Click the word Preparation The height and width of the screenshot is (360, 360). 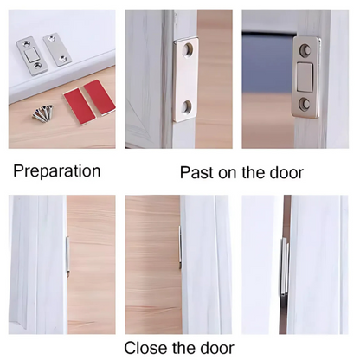tap(57, 171)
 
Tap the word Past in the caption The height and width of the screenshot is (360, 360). tap(197, 172)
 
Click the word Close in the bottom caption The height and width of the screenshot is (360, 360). tap(145, 348)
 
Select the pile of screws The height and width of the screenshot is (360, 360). tap(43, 112)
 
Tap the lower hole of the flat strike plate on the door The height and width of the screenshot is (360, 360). tap(188, 106)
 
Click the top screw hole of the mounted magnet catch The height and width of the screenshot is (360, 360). tap(305, 50)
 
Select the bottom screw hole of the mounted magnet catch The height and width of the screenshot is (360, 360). tap(305, 104)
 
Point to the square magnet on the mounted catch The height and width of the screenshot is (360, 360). tap(305, 77)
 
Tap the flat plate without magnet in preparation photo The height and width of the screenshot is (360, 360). tap(56, 49)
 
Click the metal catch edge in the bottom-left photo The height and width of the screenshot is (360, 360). tap(67, 255)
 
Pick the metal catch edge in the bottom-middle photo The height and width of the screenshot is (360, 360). tap(180, 247)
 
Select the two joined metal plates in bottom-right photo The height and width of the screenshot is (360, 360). tap(285, 267)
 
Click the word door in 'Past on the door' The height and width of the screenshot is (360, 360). tap(286, 172)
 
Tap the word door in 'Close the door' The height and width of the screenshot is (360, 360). tap(216, 348)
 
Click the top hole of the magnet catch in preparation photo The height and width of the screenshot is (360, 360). tap(27, 44)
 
